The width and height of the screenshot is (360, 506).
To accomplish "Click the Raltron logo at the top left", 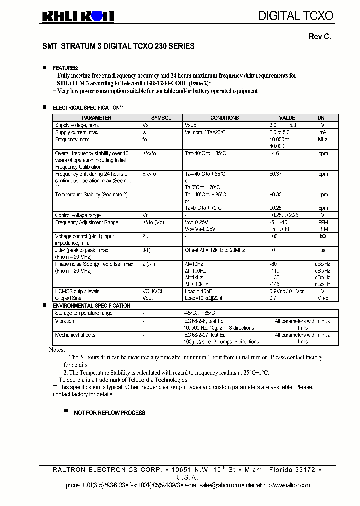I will pyautogui.click(x=77, y=16).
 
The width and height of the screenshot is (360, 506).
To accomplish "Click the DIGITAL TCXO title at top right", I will pyautogui.click(x=295, y=16).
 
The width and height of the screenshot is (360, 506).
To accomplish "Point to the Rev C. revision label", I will pyautogui.click(x=320, y=37).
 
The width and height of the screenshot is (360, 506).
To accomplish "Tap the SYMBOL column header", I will pyautogui.click(x=161, y=118).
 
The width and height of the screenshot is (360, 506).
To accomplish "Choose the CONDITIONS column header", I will pyautogui.click(x=225, y=118).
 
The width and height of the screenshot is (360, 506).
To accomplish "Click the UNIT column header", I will pyautogui.click(x=323, y=118).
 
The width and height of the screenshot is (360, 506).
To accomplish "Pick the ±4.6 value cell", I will pyautogui.click(x=274, y=154).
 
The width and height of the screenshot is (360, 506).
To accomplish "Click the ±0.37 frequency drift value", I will pyautogui.click(x=276, y=174).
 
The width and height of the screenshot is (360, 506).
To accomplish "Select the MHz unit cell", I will pyautogui.click(x=323, y=140).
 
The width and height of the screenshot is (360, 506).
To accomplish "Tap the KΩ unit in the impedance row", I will pyautogui.click(x=323, y=236).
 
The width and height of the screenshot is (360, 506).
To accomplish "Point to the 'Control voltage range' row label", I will pyautogui.click(x=78, y=215).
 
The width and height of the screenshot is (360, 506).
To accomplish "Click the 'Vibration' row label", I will pyautogui.click(x=65, y=321).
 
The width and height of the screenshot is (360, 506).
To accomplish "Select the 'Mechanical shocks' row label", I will pyautogui.click(x=75, y=335).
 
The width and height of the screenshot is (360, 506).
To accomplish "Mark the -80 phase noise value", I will pyautogui.click(x=273, y=264).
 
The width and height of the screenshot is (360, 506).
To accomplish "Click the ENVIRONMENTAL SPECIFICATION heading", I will pyautogui.click(x=92, y=305).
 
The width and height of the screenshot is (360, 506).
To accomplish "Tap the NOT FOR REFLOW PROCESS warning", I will pyautogui.click(x=110, y=413).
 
